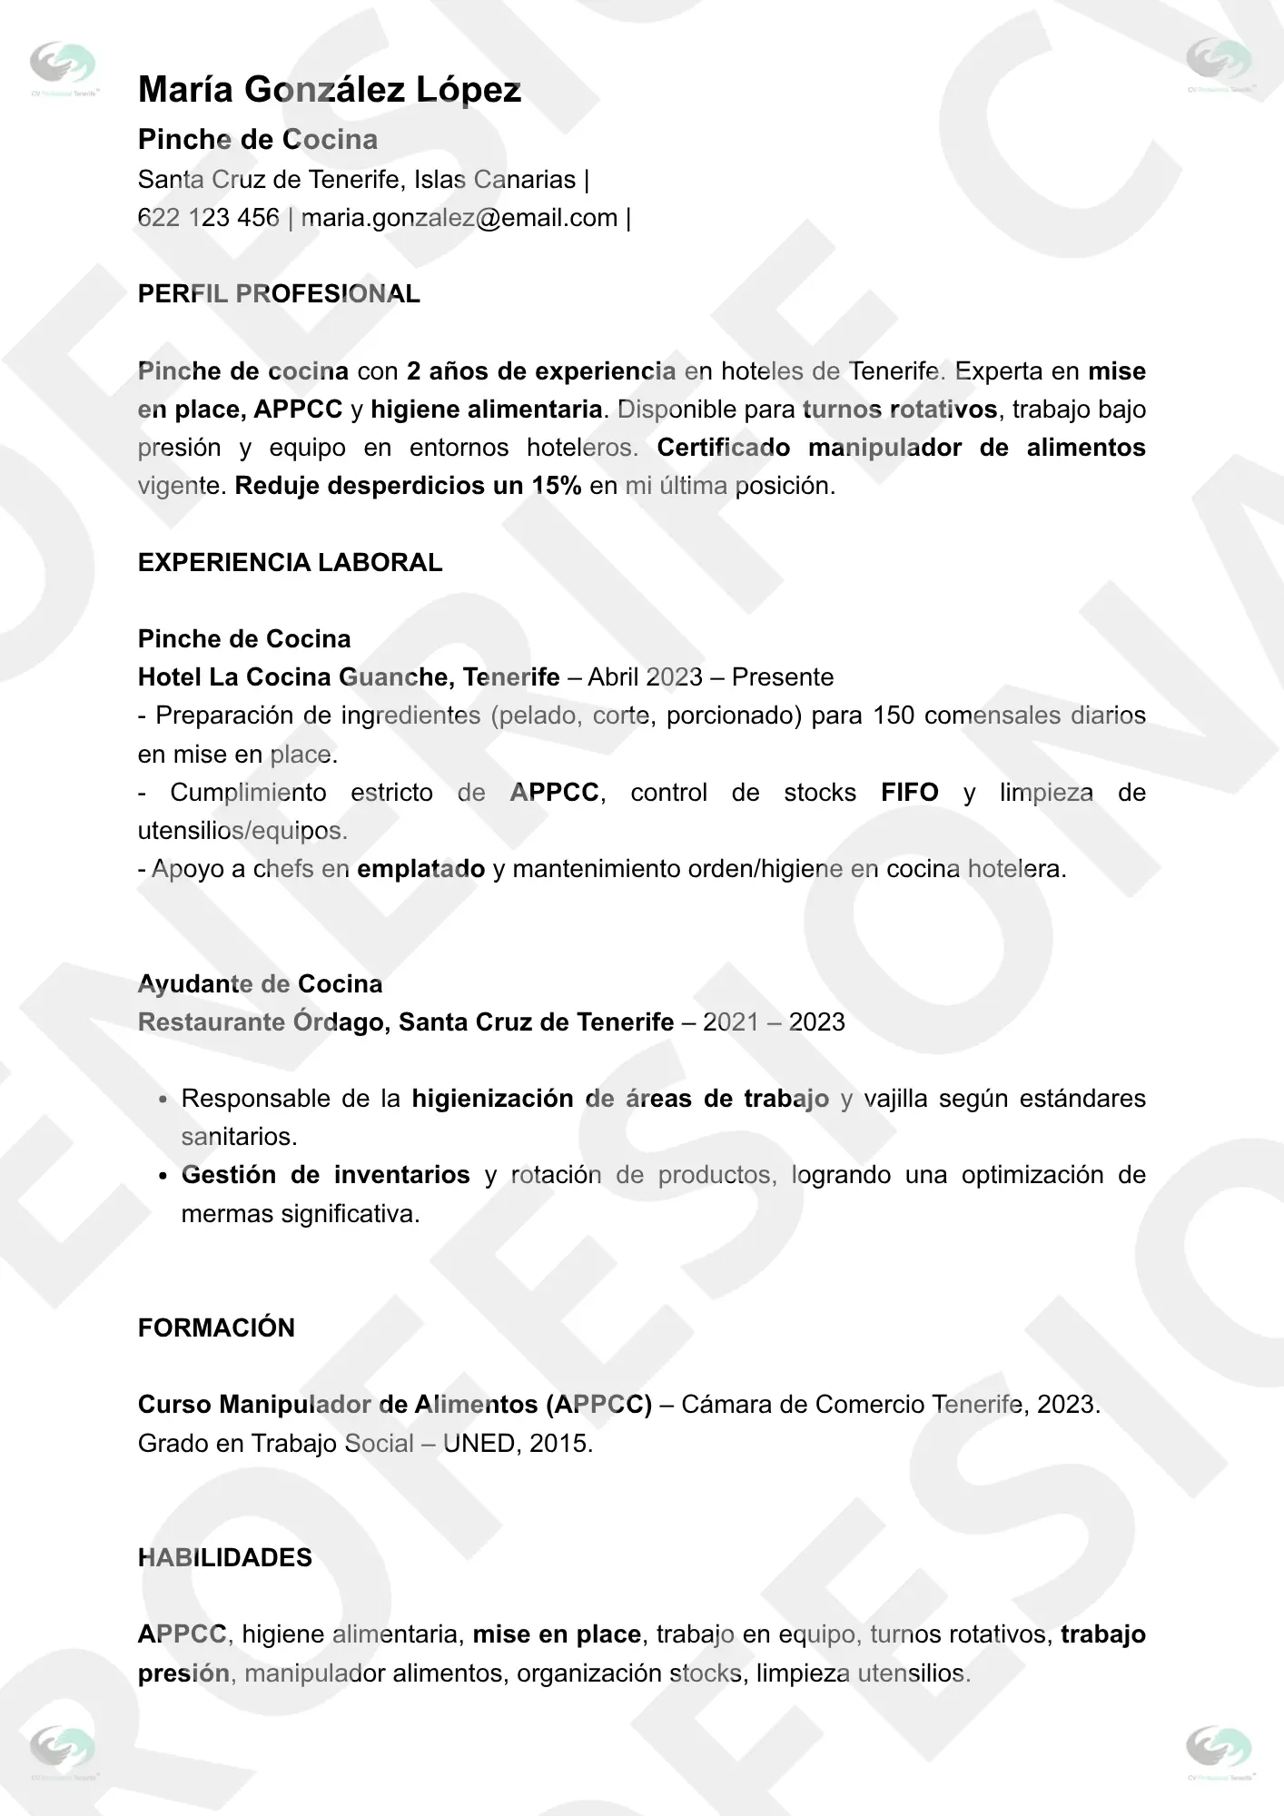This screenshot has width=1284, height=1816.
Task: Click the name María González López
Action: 330,90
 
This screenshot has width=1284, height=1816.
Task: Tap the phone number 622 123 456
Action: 208,218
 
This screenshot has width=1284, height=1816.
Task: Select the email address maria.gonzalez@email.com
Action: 459,218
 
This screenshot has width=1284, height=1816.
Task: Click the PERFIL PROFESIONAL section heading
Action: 279,294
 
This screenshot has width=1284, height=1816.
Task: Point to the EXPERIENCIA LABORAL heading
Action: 290,563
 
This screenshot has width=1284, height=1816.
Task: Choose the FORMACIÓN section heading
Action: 216,1327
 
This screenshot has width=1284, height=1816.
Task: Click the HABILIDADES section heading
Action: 224,1557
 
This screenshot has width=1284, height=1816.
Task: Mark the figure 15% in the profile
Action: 556,486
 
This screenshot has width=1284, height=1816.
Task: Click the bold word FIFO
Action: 909,793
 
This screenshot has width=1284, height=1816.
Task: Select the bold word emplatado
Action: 420,869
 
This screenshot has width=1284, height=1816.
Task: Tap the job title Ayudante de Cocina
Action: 260,984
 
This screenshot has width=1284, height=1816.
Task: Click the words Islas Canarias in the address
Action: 495,180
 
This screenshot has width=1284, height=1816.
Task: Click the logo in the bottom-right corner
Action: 1220,1750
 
